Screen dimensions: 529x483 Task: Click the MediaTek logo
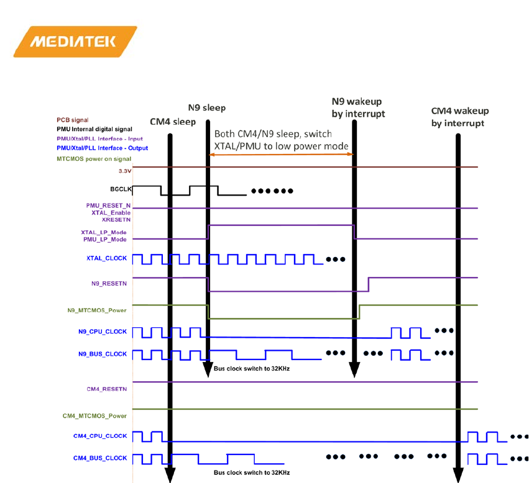75,42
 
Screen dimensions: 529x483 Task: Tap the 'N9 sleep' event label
206,107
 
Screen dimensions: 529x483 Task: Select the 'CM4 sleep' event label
172,121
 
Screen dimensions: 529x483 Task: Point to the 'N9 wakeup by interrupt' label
356,107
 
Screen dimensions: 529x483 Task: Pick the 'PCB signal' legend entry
72,120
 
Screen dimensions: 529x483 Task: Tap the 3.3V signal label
118,170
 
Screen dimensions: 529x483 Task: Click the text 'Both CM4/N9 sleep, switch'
273,134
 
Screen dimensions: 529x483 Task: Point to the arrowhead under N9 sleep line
207,371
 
